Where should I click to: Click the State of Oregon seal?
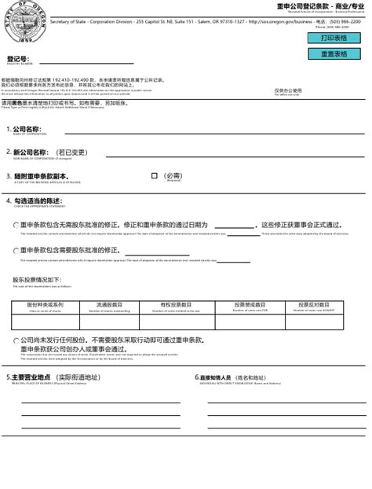[20, 23]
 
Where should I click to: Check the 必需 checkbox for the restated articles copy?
[155, 176]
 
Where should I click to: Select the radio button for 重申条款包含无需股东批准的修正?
[16, 225]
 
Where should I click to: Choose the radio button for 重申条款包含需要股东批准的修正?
[16, 251]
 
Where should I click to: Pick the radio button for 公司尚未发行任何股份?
[16, 341]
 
